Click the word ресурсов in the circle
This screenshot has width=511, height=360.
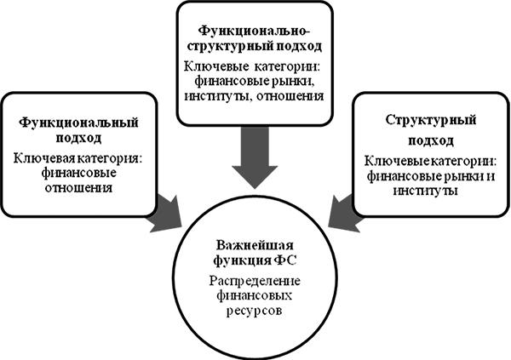click(255, 312)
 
